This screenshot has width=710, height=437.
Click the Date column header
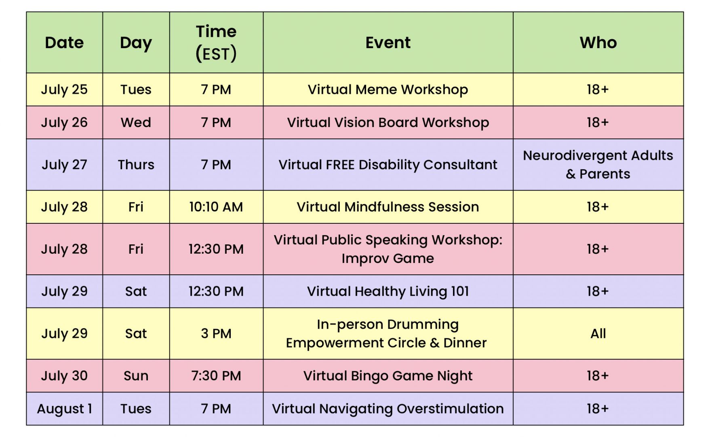64,42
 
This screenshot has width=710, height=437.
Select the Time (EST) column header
216,42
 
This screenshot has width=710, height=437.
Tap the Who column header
598,42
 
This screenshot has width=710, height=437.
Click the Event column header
388,42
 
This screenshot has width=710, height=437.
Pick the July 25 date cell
64,89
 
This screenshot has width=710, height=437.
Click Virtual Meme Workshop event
388,89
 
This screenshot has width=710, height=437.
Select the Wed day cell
136,123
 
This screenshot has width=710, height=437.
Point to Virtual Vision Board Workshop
388,123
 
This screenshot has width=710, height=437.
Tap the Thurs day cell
136,165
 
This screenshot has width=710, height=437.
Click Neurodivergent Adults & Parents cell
598,165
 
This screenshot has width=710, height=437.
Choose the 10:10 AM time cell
216,207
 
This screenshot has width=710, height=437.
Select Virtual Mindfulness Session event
388,207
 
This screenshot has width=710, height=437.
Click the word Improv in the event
365,259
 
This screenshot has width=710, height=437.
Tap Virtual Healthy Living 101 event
388,291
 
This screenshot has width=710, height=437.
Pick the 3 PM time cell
216,334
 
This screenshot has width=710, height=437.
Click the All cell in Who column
598,334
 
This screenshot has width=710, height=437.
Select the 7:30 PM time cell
216,376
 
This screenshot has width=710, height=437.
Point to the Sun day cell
136,376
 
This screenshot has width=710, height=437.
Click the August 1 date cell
64,409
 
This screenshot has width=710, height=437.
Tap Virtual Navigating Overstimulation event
388,409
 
